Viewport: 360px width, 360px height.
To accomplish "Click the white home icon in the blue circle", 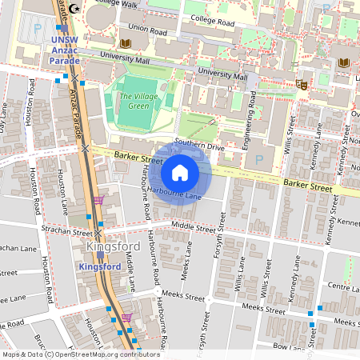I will pos(180,172).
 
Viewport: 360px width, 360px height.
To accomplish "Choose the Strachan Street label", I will pos(67,230).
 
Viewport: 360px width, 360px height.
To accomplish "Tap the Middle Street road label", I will pos(194,228).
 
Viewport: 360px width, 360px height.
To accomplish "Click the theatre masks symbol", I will pos(302,83).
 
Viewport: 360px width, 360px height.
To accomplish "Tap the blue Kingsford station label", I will pos(101,266).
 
